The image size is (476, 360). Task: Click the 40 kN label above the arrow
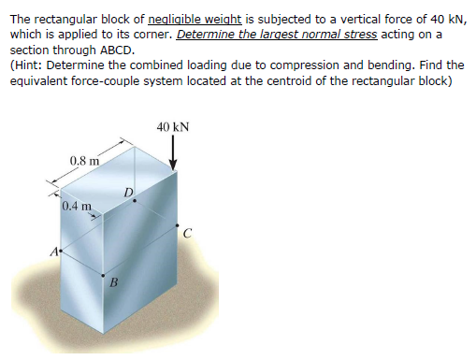click(174, 124)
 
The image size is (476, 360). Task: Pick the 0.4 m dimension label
click(76, 206)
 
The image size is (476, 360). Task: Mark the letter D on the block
click(128, 193)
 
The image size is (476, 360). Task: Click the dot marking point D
click(135, 200)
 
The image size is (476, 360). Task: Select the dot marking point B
click(103, 274)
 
